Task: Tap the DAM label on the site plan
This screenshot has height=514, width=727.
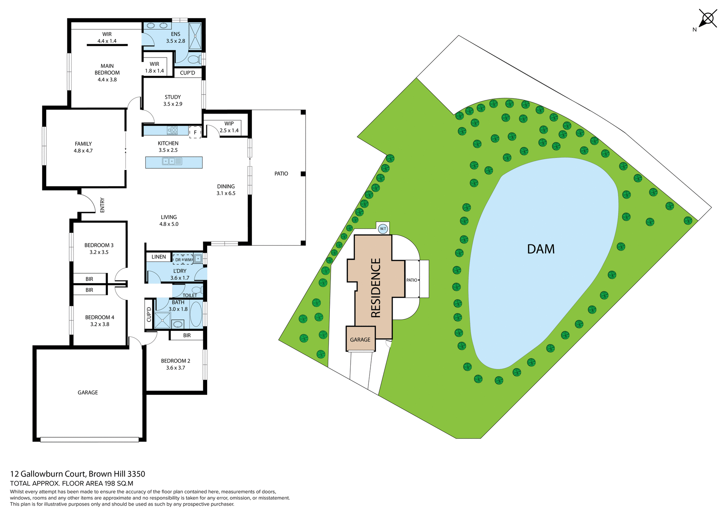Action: click(x=541, y=249)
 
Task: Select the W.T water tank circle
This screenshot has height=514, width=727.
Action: click(x=383, y=229)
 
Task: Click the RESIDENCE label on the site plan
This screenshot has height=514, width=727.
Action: click(x=375, y=288)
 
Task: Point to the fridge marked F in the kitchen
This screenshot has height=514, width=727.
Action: click(x=195, y=132)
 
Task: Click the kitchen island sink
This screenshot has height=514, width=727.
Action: click(x=168, y=161)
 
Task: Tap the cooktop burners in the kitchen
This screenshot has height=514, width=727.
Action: click(x=172, y=130)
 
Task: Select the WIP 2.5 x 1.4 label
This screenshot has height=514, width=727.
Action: click(x=229, y=127)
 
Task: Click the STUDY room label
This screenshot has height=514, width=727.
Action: click(x=173, y=97)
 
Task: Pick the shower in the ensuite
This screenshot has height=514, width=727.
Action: click(x=195, y=36)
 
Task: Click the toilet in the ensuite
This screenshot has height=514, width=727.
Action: click(x=194, y=59)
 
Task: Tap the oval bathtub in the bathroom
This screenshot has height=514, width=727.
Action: click(x=196, y=314)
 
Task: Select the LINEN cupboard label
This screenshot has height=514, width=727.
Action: click(x=159, y=257)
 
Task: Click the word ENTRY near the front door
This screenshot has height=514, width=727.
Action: click(x=102, y=205)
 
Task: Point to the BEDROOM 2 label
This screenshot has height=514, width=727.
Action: click(x=175, y=361)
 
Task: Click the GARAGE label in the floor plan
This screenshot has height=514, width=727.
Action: click(x=88, y=393)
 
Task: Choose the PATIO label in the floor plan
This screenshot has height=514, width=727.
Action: click(x=281, y=173)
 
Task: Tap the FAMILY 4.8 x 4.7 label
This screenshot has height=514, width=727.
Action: click(x=83, y=147)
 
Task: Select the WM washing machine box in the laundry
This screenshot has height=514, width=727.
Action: click(x=188, y=260)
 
